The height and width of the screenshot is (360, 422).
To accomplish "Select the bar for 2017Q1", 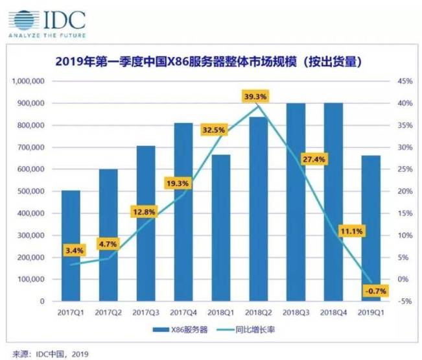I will (71, 246).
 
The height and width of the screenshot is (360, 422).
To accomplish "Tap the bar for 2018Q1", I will (221, 228).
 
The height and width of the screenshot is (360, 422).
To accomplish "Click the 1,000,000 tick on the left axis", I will (26, 82).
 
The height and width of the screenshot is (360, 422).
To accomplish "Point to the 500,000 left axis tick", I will (29, 191).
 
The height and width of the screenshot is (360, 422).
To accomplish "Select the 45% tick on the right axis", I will (405, 82).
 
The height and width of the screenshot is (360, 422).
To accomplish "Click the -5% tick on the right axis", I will (405, 301).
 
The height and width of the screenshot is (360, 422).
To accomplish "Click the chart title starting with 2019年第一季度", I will (208, 63).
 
